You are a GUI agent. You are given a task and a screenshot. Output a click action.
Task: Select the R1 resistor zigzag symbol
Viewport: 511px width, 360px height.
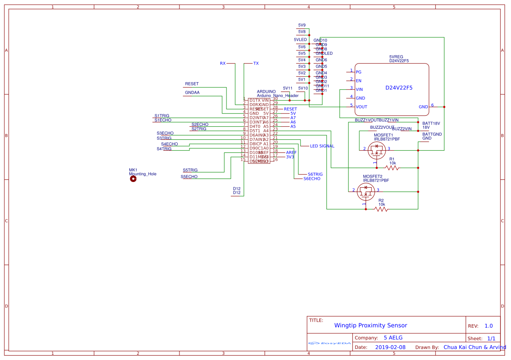coord(392,168)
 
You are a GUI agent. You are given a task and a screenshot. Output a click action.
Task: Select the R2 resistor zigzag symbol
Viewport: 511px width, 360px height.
coord(381,209)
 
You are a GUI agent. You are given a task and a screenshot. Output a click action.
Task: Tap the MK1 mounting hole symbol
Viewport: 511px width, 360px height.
coord(133,179)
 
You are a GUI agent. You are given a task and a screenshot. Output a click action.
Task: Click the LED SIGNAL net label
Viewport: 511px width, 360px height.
coord(322,146)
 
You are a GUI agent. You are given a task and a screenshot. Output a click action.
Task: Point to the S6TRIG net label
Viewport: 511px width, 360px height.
coord(315,174)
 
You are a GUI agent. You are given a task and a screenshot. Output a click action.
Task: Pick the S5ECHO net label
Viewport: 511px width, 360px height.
coord(189,177)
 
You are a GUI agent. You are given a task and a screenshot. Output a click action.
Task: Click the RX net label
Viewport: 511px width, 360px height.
coord(223,64)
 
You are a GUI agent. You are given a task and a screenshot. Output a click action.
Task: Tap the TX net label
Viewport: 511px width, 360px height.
coord(256,64)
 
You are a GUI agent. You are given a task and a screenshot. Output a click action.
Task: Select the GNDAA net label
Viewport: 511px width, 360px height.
coord(192,93)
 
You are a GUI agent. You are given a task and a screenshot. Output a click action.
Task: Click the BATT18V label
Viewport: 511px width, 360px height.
coord(431,123)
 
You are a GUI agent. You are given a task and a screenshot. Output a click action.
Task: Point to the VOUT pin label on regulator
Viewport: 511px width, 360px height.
coord(361,107)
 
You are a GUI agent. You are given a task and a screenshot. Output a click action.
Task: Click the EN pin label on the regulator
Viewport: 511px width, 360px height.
coord(359,81)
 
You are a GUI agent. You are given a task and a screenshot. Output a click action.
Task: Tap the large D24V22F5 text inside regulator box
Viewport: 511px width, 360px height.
coord(399,88)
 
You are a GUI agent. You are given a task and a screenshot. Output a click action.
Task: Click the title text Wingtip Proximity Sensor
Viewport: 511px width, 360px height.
coord(370,325)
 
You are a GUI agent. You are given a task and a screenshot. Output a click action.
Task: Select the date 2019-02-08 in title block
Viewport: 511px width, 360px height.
coord(390,347)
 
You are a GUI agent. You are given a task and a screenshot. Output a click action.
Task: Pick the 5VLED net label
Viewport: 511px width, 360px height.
coord(300,40)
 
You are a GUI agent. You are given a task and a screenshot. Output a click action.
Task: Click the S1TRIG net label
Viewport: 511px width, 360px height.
coord(162,116)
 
